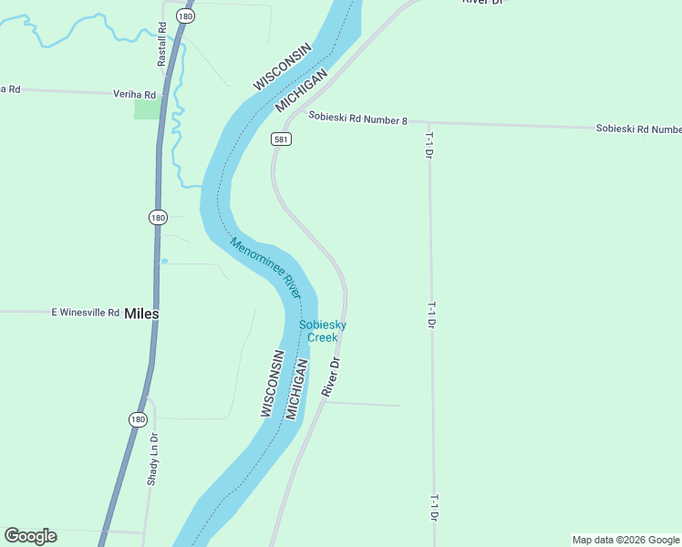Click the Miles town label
[x=141, y=313]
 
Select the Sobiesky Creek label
[x=322, y=331]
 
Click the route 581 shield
[x=281, y=139]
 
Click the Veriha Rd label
[x=134, y=93]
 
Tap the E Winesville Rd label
[x=86, y=312]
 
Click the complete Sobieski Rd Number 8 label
[x=357, y=117]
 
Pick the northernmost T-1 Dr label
[x=428, y=144]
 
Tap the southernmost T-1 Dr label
[x=435, y=508]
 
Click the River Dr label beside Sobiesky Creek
[x=330, y=377]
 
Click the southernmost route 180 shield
[x=137, y=419]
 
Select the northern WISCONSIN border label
[x=284, y=66]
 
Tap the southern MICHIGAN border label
[x=297, y=389]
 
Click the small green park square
[x=147, y=108]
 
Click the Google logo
[x=30, y=536]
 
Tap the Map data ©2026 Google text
[x=625, y=540]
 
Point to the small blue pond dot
[x=164, y=262]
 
